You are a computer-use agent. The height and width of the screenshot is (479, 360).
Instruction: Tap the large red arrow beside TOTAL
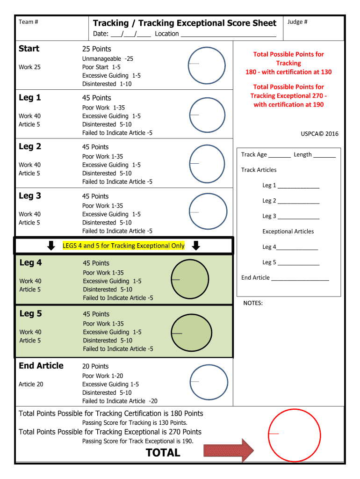229,451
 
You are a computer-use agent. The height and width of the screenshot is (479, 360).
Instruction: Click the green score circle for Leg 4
190,279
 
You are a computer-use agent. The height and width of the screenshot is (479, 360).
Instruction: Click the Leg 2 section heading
30,146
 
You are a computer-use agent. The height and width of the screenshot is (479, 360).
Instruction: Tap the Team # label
28,22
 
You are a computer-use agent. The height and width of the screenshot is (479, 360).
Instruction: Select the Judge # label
297,22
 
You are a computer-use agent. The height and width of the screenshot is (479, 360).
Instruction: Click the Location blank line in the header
228,35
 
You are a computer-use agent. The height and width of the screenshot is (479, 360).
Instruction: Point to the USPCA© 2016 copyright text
319,134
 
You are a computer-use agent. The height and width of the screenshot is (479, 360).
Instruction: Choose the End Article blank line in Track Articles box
300,278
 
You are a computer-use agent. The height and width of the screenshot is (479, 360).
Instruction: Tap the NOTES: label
253,303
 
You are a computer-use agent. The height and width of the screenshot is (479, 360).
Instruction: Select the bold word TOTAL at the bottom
163,452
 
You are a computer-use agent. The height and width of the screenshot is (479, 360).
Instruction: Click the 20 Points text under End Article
95,366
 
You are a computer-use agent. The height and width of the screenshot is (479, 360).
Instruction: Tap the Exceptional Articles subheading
288,232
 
